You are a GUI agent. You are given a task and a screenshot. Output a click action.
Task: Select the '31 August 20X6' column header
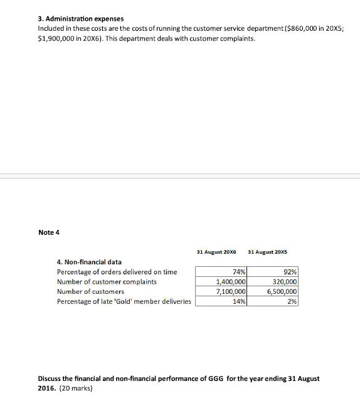tap(216, 252)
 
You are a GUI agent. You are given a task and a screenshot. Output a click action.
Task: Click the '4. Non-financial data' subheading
tap(89, 262)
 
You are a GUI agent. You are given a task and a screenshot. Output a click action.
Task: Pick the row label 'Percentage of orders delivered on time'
tap(117, 272)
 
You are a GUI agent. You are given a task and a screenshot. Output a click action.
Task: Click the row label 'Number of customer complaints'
tap(107, 282)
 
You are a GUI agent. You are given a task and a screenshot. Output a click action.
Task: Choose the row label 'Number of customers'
tap(90, 291)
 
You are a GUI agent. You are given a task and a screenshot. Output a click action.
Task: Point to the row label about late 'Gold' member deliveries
tap(124, 301)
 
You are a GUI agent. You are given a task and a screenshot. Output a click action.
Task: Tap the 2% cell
tap(292, 301)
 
